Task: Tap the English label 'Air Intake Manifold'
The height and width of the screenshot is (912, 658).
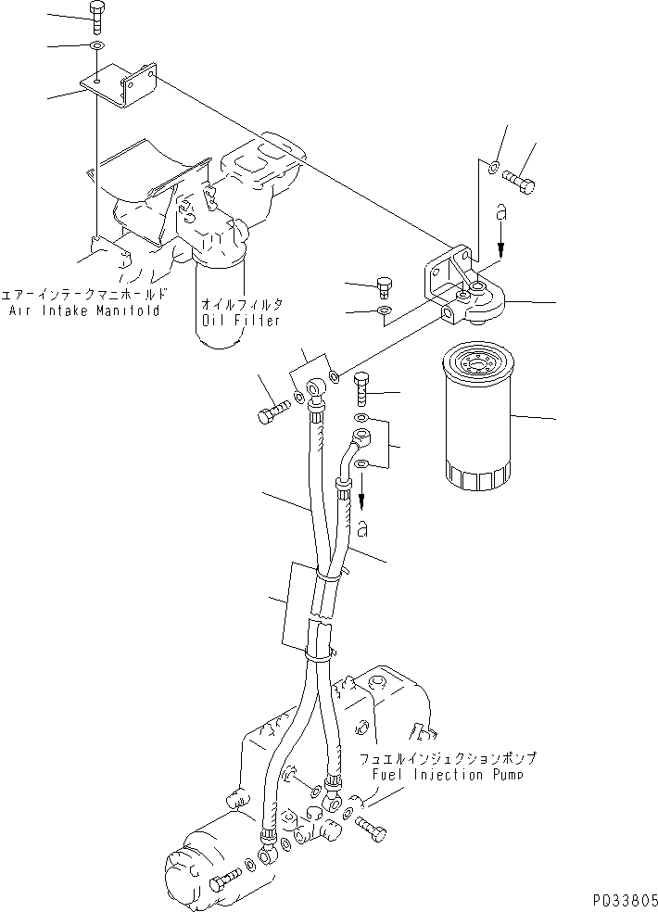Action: [x=84, y=310]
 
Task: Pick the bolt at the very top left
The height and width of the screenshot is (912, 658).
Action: [x=97, y=15]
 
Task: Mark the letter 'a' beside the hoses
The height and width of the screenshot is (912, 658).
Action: [x=362, y=530]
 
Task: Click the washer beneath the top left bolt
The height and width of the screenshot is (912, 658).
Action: [x=97, y=45]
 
